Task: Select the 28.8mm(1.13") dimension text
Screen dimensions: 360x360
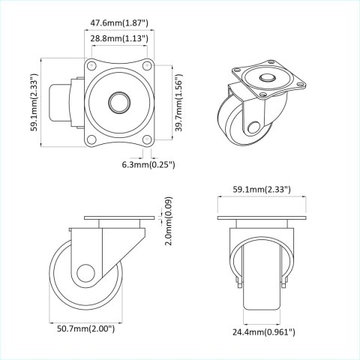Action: click(119, 37)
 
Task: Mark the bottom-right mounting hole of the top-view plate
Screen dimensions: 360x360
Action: click(147, 139)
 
